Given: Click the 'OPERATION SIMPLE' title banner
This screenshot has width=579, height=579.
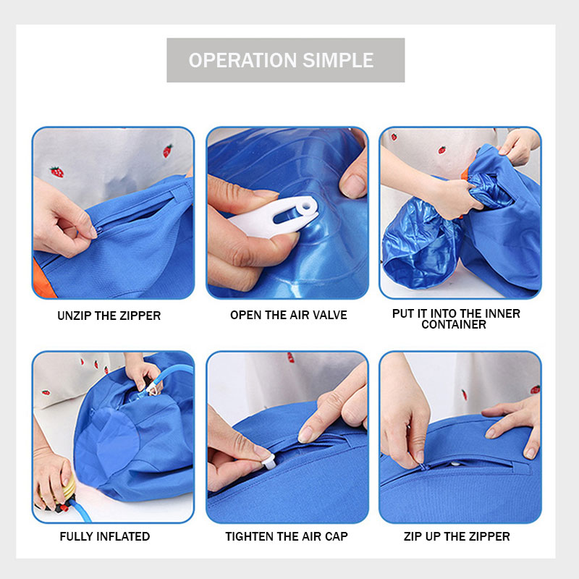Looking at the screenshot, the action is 285,60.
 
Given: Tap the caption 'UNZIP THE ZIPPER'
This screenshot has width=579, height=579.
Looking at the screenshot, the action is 109,316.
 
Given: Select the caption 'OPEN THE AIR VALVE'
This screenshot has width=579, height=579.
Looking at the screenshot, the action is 288,315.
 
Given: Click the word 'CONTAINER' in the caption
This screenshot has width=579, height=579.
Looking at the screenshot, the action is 454,324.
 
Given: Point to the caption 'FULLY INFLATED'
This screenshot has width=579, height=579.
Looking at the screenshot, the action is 105,536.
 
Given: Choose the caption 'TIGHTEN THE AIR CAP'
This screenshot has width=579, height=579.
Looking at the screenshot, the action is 287,536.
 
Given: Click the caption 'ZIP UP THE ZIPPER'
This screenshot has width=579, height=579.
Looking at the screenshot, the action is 457,536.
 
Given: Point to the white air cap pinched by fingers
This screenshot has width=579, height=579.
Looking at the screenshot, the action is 269,462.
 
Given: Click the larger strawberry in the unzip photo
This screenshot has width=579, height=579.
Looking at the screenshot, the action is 57,172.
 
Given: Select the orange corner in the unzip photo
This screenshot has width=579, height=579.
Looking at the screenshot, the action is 43,279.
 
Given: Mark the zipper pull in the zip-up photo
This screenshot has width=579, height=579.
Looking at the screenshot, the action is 423,467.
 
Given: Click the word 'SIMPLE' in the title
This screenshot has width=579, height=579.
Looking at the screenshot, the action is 338,60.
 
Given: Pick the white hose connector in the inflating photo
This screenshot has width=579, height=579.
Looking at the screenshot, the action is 153,388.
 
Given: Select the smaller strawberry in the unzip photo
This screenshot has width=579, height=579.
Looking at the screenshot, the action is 168,151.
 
